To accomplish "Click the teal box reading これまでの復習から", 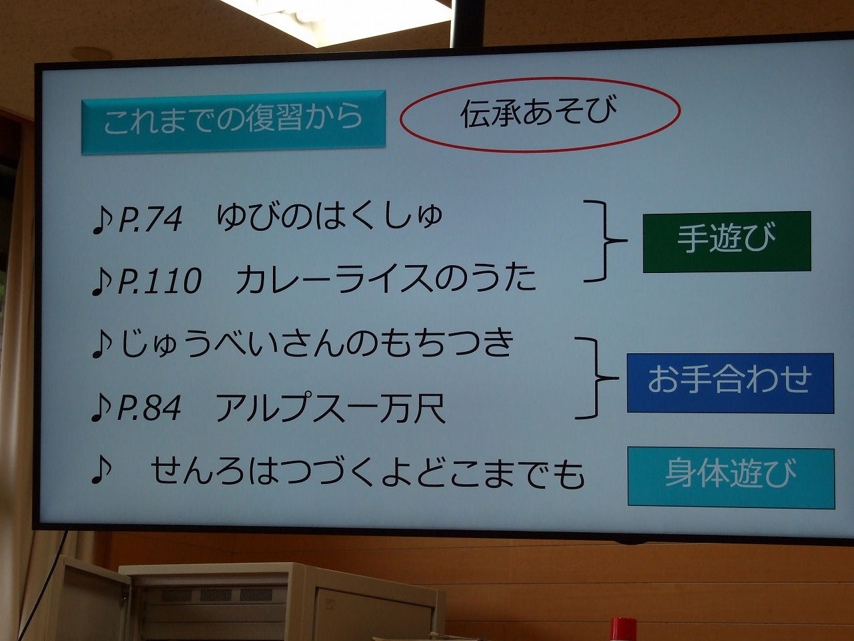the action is coord(234,122).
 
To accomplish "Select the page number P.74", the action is coord(150,220).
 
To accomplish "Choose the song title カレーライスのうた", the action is coord(386,278).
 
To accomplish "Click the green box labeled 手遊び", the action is coord(727,242).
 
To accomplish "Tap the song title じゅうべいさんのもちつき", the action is coord(317,344).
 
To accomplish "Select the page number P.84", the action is coord(149,407).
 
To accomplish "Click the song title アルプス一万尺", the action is coord(330,407).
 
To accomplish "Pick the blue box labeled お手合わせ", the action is coord(731,383).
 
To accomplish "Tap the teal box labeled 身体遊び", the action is coord(731,477).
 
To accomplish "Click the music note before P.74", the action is coord(102,220).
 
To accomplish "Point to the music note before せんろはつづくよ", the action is coord(101,469).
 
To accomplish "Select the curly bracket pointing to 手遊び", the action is coord(605,241).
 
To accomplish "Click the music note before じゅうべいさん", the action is coord(102,344).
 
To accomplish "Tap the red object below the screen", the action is coord(623,629).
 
